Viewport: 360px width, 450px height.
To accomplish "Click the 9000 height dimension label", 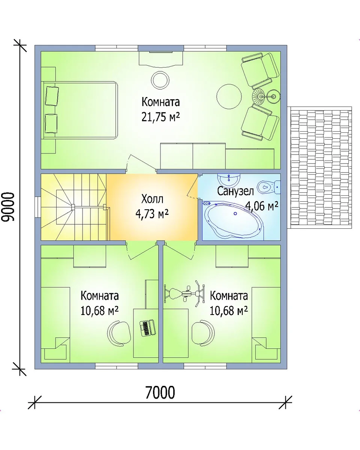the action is click(9, 207).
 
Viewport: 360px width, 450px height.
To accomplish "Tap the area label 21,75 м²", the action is click(160, 117).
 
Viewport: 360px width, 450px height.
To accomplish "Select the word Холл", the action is click(152, 199).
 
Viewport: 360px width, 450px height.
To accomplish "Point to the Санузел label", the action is click(235, 191).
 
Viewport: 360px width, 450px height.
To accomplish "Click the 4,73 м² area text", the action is click(152, 213).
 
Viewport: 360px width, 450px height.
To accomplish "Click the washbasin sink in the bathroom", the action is click(229, 179).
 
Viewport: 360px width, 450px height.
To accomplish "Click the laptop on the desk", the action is click(147, 327).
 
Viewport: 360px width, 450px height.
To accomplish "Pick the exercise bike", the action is click(184, 294).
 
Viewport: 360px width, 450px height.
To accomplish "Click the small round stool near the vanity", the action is click(160, 80).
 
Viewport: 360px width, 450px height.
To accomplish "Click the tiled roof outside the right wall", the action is click(319, 167).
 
